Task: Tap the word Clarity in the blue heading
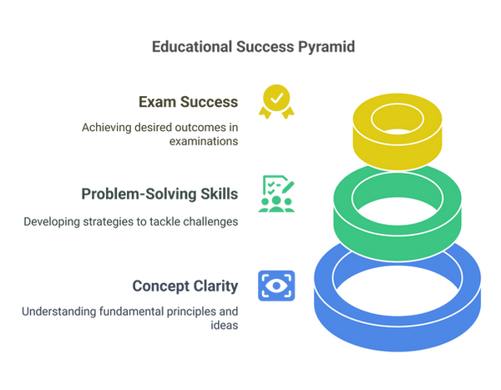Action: click(218, 286)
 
